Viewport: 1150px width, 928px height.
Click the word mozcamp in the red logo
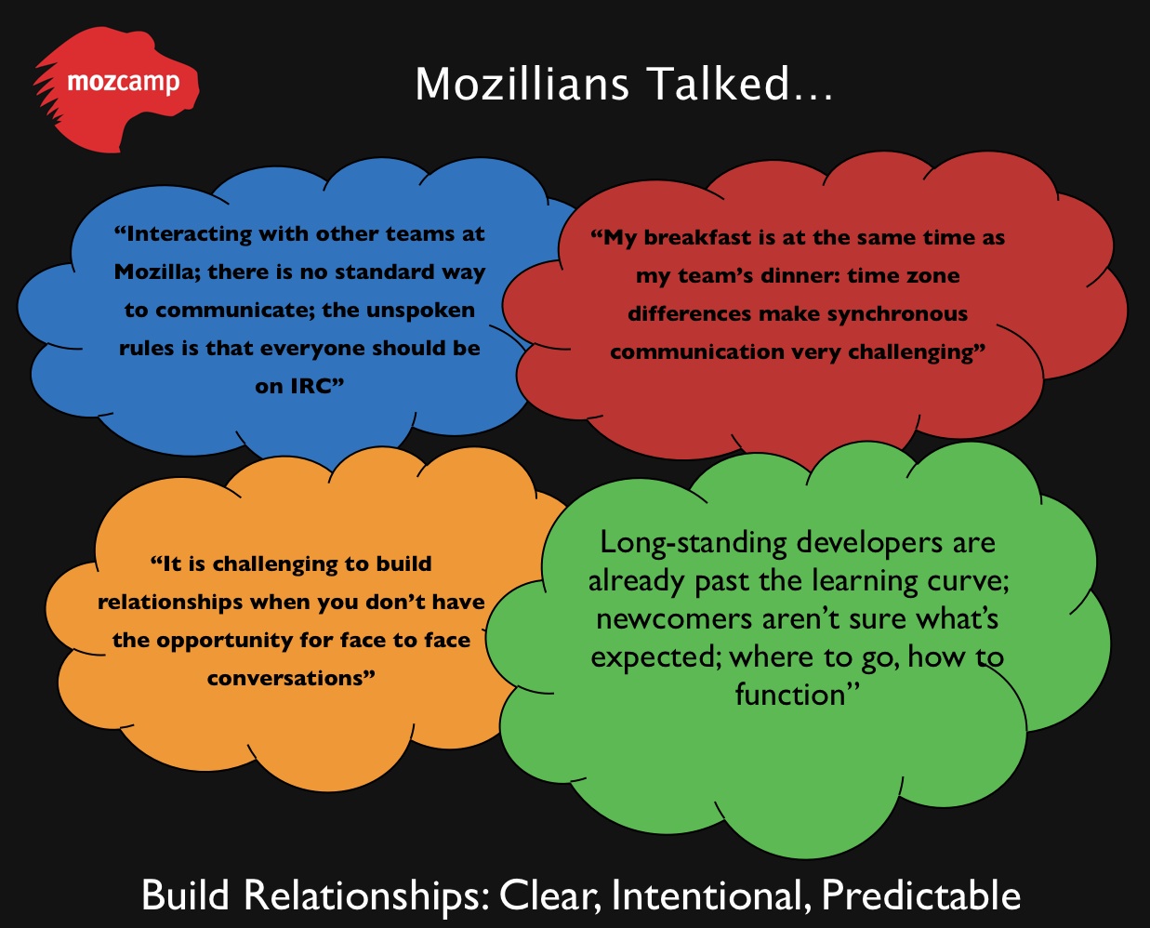point(124,83)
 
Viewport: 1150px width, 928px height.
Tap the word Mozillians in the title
point(522,84)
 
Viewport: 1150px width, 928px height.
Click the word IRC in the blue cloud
point(311,387)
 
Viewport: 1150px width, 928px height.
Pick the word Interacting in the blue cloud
point(189,234)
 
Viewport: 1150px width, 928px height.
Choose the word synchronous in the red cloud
point(897,314)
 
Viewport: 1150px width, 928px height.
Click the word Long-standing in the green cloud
point(694,544)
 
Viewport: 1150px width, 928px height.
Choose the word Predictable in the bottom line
point(921,895)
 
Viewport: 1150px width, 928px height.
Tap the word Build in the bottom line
point(185,895)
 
